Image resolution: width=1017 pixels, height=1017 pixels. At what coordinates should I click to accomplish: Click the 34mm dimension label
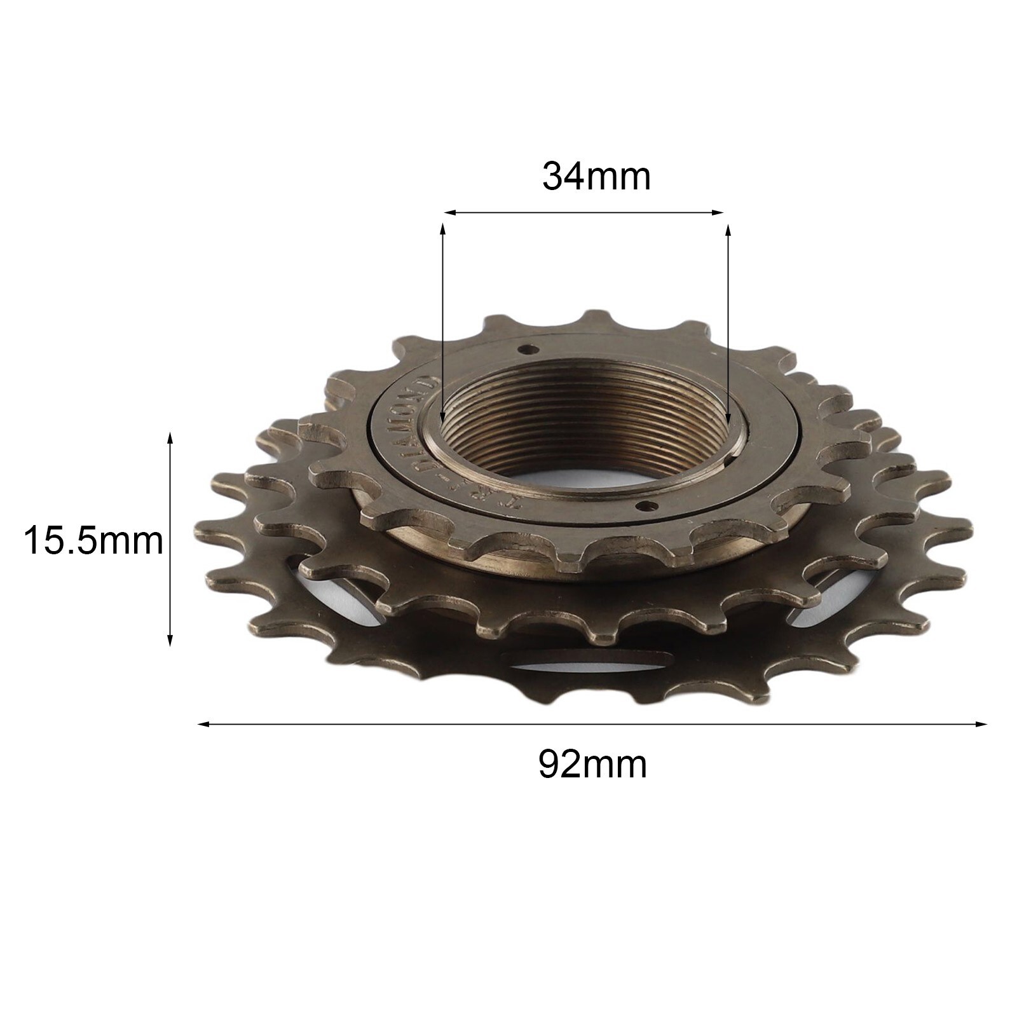(596, 177)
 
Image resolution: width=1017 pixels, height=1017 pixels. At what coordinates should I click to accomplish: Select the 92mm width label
(592, 764)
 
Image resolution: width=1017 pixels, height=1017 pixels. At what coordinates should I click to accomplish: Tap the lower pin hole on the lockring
(647, 506)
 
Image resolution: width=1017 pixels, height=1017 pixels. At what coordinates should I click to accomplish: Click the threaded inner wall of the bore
(585, 420)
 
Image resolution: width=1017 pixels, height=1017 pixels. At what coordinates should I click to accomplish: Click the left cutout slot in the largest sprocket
(337, 588)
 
